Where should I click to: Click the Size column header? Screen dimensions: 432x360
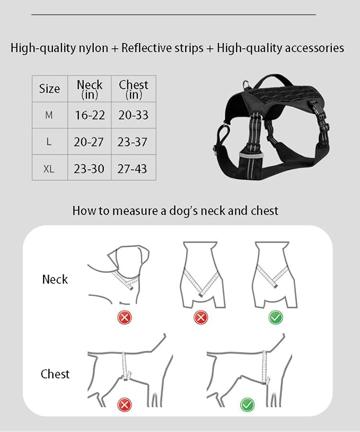[49, 89]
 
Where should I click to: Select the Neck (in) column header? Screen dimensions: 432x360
[90, 89]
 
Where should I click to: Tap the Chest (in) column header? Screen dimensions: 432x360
[134, 89]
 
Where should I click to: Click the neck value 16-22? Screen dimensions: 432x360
[90, 115]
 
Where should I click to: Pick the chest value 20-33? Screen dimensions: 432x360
[134, 115]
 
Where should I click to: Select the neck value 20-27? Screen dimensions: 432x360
[90, 142]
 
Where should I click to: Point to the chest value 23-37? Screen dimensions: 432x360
[134, 142]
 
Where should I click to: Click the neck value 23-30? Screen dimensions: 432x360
[90, 169]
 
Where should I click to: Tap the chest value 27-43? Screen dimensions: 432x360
[134, 169]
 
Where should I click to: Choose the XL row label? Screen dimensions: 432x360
[49, 169]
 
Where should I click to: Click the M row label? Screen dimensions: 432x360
[49, 115]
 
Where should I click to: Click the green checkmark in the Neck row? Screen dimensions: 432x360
[276, 317]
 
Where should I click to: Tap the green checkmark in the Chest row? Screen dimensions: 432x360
[247, 405]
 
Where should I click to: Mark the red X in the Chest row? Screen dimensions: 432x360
[125, 405]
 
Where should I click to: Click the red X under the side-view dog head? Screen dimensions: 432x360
[125, 317]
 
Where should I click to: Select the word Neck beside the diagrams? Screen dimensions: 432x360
[55, 279]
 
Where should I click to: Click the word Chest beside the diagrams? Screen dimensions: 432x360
[55, 374]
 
